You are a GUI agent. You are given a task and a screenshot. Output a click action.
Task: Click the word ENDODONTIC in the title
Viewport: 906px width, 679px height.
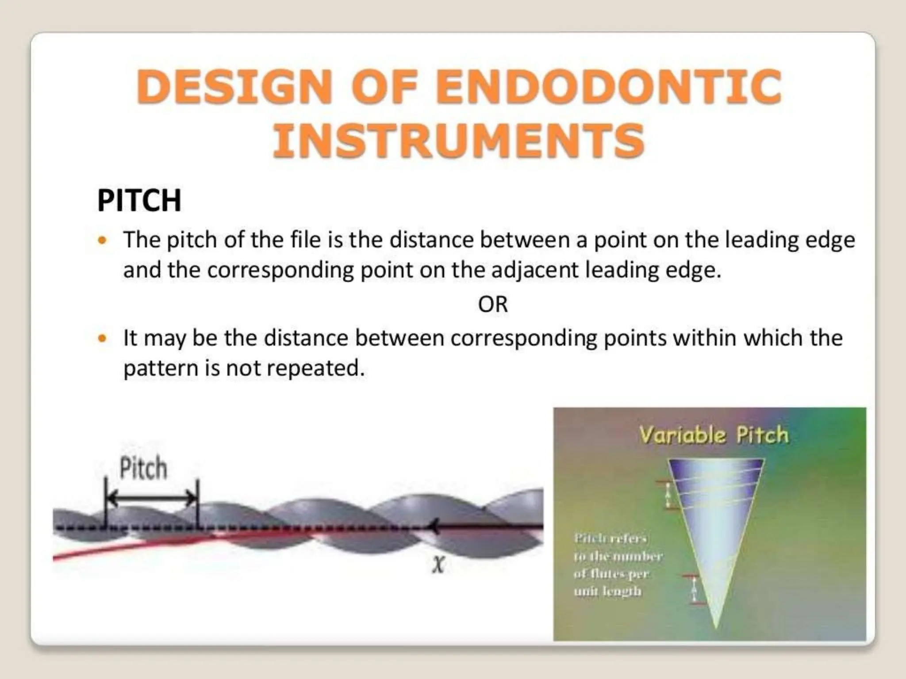tap(609, 87)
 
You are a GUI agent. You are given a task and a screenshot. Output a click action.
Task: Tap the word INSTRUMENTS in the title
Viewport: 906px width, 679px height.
tap(458, 141)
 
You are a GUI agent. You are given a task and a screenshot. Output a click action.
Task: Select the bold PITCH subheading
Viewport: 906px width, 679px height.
tap(139, 201)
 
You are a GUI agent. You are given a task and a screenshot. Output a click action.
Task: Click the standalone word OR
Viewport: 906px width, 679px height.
tap(493, 305)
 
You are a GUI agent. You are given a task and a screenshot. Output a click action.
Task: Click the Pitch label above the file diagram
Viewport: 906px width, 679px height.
tap(143, 469)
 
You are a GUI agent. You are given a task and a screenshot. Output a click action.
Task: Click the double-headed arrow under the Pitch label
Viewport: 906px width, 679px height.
tap(152, 498)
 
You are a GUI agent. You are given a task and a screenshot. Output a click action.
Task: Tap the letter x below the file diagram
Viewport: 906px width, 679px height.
tap(438, 565)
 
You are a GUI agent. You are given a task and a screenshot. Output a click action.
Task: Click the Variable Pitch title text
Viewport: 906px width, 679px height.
tap(714, 435)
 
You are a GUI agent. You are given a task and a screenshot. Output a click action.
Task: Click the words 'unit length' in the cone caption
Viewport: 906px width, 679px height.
tap(607, 591)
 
